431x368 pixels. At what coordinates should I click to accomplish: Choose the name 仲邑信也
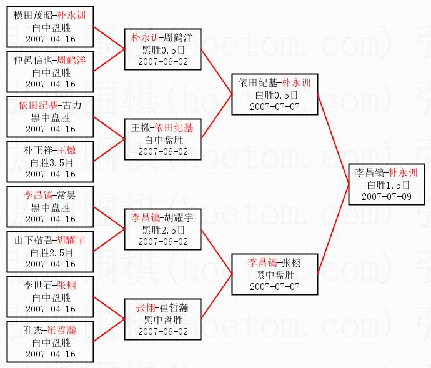[x=34, y=60]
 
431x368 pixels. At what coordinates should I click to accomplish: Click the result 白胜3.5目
[x=51, y=161]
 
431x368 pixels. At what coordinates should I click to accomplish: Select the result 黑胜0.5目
[x=162, y=50]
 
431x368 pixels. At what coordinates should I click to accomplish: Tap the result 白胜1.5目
[x=389, y=185]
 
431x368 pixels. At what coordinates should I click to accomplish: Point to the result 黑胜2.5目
[x=162, y=229]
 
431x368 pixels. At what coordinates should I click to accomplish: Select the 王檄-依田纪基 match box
[x=162, y=139]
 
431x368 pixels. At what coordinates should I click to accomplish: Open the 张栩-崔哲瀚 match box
[x=162, y=319]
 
